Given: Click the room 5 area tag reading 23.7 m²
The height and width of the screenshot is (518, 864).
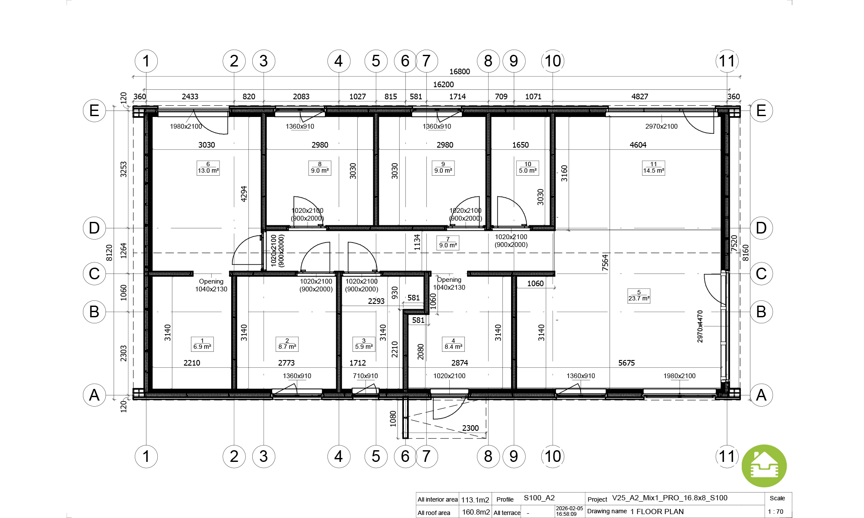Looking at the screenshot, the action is point(639,296).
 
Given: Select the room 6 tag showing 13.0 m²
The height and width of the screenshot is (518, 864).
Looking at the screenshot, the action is point(208,167).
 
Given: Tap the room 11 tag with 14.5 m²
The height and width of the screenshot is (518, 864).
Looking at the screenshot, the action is point(654,167).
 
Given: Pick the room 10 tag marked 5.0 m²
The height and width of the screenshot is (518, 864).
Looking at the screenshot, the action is point(528,167).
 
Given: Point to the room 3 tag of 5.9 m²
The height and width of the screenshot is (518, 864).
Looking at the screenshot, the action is point(364,344).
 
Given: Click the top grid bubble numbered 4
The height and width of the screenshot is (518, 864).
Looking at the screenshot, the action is point(339,61).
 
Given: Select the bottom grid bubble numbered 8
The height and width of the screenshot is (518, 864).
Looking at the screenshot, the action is point(488,456).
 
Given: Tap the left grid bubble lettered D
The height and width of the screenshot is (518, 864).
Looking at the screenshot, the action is point(94,228).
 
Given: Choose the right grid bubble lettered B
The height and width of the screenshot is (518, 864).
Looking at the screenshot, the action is point(761,312).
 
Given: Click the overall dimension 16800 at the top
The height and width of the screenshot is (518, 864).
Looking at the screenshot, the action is point(460,72).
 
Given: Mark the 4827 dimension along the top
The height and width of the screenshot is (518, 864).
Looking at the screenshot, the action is point(640,97).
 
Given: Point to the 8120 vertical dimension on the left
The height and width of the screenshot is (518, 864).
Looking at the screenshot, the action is point(109,253).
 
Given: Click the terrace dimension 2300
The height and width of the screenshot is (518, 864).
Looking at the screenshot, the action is point(470,428).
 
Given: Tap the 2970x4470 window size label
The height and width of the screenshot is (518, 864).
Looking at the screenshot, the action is point(700,326).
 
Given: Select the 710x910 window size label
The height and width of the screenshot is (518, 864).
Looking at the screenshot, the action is point(365,376).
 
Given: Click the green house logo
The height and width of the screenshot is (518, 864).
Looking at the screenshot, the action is point(764,466).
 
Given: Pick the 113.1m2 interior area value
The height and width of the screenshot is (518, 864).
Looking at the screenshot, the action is point(475,500).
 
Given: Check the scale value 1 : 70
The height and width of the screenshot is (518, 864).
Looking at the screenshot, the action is point(775,512).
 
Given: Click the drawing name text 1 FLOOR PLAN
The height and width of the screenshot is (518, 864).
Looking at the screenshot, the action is point(657,512).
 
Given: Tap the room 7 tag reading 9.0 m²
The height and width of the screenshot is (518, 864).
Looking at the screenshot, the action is point(448,243).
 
